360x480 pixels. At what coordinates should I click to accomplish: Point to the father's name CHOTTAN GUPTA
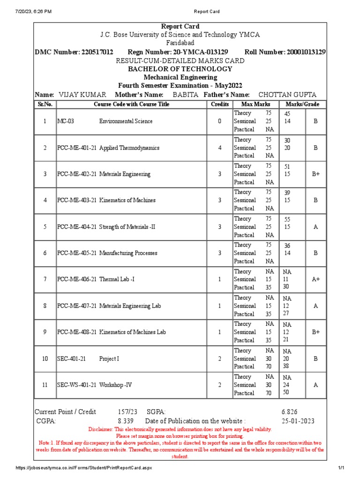[x=287, y=95]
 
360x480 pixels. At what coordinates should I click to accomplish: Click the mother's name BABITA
[x=186, y=95]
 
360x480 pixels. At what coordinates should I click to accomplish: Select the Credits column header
[x=220, y=104]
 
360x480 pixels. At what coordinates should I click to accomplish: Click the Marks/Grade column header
[x=303, y=104]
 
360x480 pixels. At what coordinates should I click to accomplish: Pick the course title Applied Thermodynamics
[x=129, y=148]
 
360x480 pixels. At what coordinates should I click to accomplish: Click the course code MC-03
[x=66, y=121]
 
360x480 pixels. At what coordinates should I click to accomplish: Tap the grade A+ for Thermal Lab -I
[x=315, y=279]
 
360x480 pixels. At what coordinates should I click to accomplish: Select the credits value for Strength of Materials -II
[x=219, y=227]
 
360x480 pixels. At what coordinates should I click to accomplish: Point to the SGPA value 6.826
[x=289, y=412]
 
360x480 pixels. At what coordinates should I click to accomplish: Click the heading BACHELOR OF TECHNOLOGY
[x=180, y=69]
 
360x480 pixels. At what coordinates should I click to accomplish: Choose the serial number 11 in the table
[x=45, y=385]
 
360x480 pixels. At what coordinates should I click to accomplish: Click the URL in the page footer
[x=84, y=468]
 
